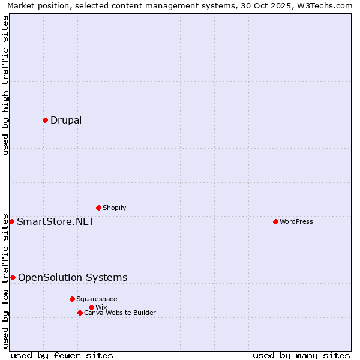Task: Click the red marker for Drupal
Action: (45, 120)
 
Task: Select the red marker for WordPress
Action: (275, 221)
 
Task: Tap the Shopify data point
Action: (98, 208)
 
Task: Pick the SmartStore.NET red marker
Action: (11, 221)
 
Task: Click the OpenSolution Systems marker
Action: (13, 277)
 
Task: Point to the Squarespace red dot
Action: (72, 299)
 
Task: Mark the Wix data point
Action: (91, 307)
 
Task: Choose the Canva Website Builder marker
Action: (80, 313)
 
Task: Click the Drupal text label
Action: (66, 120)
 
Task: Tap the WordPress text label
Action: (296, 221)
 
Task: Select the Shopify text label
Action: (115, 208)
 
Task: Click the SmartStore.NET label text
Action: (56, 221)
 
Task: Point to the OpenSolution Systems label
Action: (73, 277)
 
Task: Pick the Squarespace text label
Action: (97, 299)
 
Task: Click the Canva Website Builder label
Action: (120, 313)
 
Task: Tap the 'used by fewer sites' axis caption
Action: (62, 355)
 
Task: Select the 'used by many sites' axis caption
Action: (301, 355)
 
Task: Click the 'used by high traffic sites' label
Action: (5, 85)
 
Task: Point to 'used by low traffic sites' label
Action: (5, 280)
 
